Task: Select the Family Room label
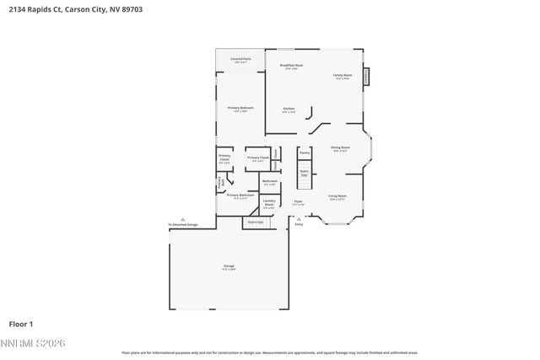[x=342, y=76]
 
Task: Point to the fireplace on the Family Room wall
[x=366, y=76]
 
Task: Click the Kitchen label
[x=289, y=110]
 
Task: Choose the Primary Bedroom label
[x=240, y=109]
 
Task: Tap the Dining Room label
[x=340, y=148]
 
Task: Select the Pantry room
[x=304, y=153]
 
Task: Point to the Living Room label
[x=337, y=197]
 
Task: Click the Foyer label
[x=299, y=202]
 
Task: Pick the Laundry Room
[x=269, y=203]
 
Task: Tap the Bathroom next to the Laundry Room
[x=270, y=182]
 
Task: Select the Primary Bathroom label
[x=240, y=196]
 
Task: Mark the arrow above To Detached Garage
[x=183, y=219]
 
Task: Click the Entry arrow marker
[x=299, y=219]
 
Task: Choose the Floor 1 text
[x=21, y=324]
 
